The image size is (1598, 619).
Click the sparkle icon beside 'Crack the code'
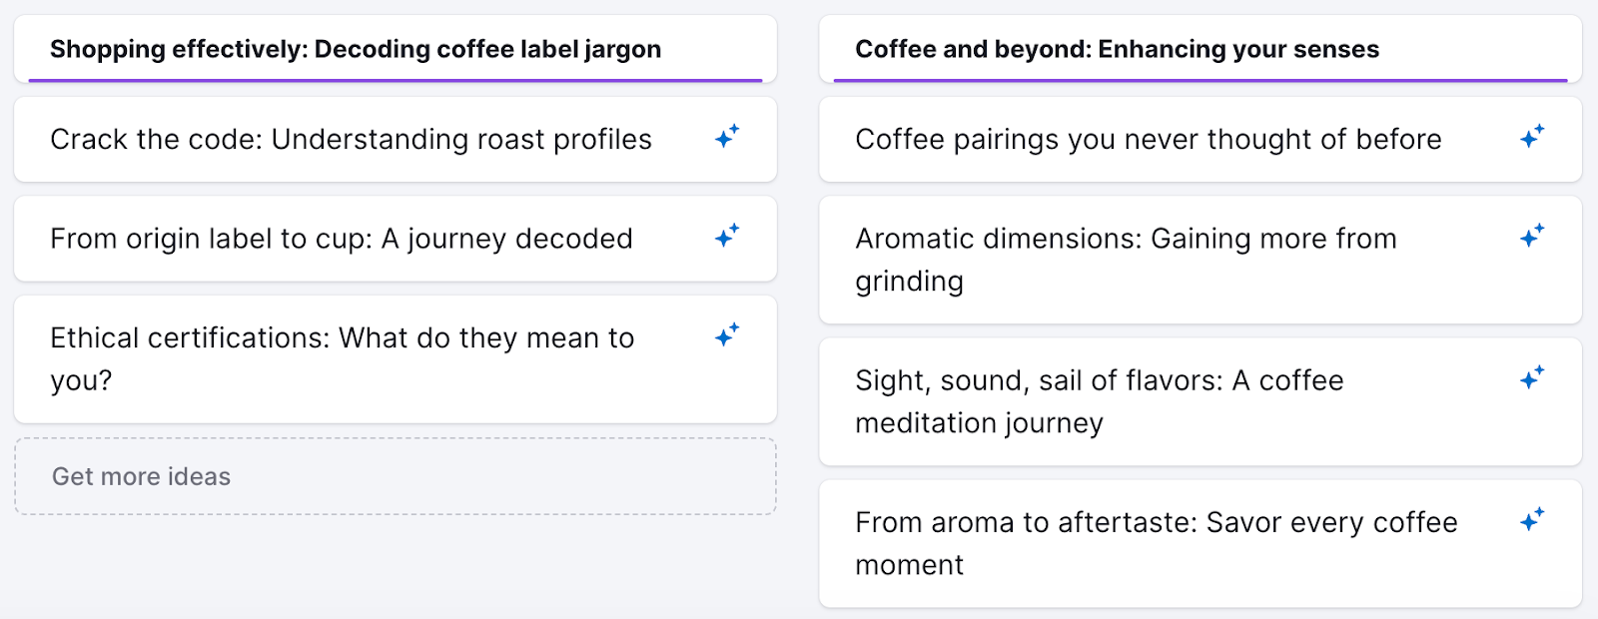(x=726, y=137)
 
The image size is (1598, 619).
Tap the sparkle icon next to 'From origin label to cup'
(x=726, y=236)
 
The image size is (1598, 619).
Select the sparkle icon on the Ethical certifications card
(x=726, y=335)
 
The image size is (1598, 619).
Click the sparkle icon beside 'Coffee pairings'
(x=1531, y=137)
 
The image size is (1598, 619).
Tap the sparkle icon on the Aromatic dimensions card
(x=1531, y=236)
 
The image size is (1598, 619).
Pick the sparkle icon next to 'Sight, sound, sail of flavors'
(x=1531, y=377)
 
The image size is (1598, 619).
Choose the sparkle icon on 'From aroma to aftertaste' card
(x=1531, y=519)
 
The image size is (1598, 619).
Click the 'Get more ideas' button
(x=141, y=477)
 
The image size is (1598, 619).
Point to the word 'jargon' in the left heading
(x=623, y=50)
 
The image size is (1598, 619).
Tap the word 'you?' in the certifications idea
(x=81, y=381)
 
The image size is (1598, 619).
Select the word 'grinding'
(x=909, y=283)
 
